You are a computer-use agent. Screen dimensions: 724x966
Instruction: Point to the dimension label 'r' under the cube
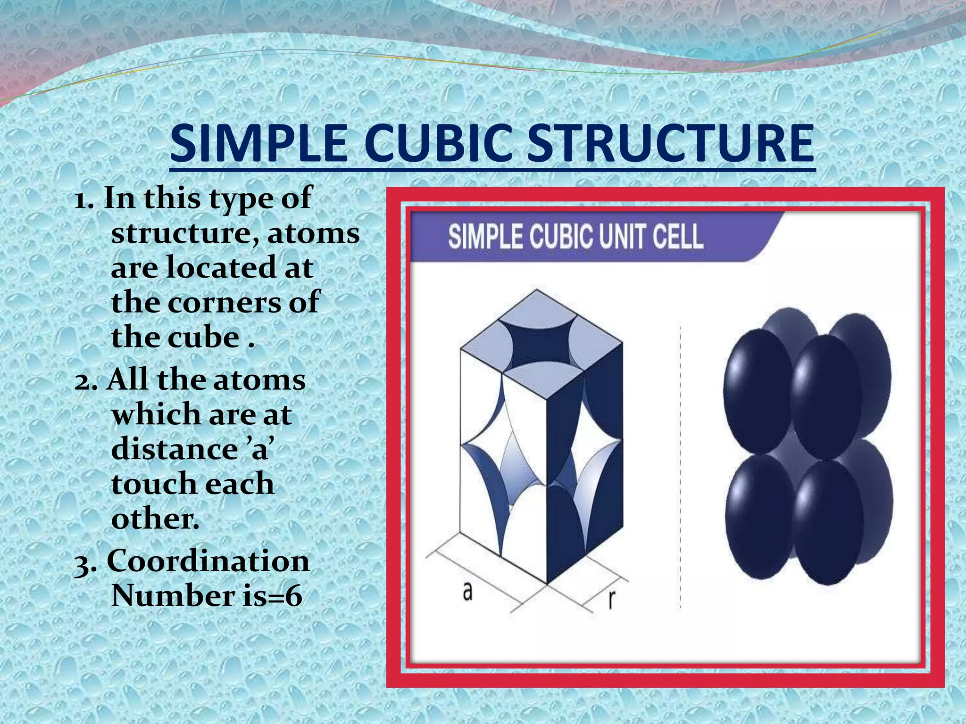coord(611,599)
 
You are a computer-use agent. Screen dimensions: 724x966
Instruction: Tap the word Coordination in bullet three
coord(208,561)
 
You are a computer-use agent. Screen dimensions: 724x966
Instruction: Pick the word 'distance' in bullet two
coord(175,449)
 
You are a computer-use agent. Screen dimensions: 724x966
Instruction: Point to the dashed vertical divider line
coord(680,467)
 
